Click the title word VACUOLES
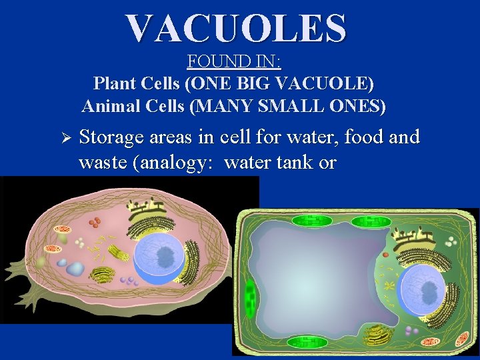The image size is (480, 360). (236, 28)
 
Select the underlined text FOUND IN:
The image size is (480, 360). (234, 63)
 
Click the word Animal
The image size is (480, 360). (107, 105)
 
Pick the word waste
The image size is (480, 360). (102, 162)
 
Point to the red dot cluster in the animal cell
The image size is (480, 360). (97, 221)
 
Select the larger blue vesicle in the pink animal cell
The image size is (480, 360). (75, 269)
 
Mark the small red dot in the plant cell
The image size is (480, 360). (385, 254)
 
